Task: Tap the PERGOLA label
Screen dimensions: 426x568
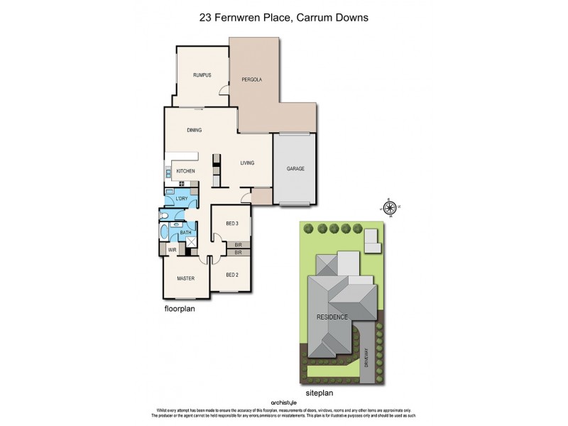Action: [x=251, y=80]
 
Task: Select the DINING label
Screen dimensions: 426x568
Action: [x=195, y=130]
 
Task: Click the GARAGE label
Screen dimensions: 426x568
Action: [x=295, y=169]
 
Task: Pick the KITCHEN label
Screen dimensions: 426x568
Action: [x=185, y=171]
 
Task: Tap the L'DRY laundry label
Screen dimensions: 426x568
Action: [x=181, y=199]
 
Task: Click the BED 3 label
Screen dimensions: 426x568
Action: [x=232, y=224]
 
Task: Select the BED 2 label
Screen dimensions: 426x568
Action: [x=232, y=275]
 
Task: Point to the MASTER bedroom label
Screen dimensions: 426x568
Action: [x=185, y=278]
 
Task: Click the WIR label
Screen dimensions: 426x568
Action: [x=172, y=250]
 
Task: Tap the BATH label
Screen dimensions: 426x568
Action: [x=185, y=233]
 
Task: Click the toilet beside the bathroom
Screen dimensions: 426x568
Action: [x=163, y=216]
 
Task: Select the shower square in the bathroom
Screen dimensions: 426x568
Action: [x=190, y=242]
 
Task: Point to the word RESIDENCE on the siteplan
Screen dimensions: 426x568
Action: [x=332, y=317]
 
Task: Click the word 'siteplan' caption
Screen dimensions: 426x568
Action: [x=319, y=391]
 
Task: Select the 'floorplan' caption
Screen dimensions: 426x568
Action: [x=180, y=310]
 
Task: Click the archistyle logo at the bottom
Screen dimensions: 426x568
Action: [x=283, y=403]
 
